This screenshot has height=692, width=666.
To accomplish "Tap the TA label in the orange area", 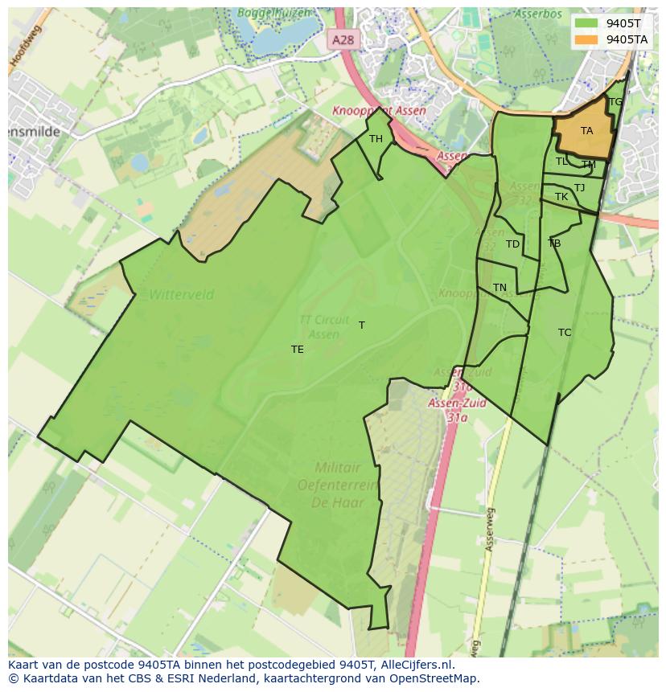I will (586, 131).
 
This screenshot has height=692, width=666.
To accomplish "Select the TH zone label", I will (376, 139).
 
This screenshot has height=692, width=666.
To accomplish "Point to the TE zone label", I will (298, 350).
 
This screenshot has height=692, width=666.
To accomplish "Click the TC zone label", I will (565, 333).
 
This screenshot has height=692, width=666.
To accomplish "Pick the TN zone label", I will (499, 288).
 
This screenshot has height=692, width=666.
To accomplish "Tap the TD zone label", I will (512, 244).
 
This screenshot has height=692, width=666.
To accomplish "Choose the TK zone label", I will (561, 197).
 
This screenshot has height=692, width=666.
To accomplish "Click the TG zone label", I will (615, 102).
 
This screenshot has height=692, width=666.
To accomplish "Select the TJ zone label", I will (579, 188).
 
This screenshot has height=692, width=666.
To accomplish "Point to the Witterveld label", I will (181, 295).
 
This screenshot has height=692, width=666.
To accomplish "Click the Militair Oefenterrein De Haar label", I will (337, 484).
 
